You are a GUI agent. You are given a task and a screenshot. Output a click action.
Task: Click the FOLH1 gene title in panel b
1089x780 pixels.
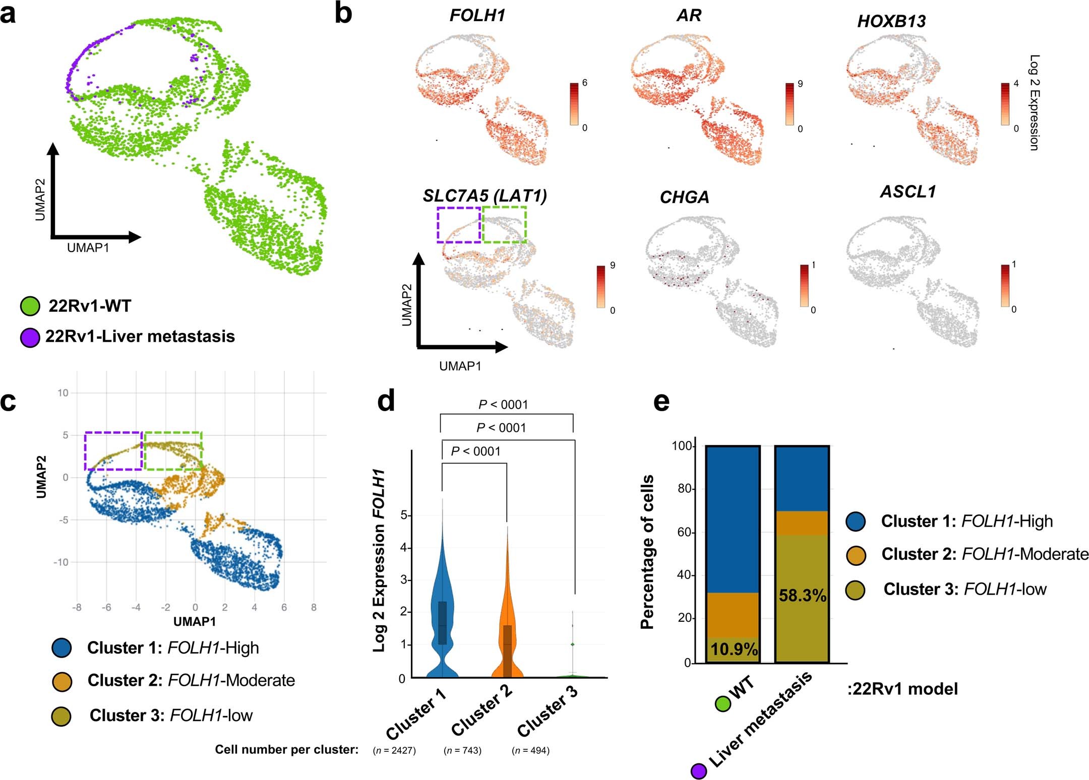tap(477, 16)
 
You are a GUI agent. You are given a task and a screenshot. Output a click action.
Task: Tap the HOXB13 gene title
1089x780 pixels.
tap(891, 21)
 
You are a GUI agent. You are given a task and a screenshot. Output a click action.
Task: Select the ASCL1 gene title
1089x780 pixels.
tap(907, 192)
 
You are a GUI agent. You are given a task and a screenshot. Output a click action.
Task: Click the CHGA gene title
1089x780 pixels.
tap(684, 197)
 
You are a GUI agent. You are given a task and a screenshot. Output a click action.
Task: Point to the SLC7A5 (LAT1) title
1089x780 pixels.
tap(485, 196)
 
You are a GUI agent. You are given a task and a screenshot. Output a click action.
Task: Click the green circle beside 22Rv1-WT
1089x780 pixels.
tap(30, 306)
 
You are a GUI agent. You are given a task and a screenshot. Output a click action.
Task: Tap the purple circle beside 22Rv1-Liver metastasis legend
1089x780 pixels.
tap(30, 337)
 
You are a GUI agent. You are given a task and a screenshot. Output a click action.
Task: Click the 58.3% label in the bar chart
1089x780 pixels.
tap(802, 596)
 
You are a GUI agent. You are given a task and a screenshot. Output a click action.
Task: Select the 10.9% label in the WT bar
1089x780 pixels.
tap(734, 649)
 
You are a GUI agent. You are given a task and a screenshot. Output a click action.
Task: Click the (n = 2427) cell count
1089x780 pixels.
tap(394, 750)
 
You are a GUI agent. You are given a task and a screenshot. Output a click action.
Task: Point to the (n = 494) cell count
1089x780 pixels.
tap(530, 750)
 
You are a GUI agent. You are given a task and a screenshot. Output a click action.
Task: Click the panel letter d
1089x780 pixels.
tap(386, 402)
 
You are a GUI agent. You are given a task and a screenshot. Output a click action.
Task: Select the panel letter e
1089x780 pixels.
tap(661, 402)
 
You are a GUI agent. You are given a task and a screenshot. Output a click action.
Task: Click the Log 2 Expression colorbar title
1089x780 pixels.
tap(1034, 102)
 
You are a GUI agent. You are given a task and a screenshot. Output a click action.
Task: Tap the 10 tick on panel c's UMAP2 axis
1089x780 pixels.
tap(63, 393)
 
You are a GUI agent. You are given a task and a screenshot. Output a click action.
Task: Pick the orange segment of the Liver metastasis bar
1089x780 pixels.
tap(802, 523)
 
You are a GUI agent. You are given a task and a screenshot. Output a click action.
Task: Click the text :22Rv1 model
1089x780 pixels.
tap(902, 689)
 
